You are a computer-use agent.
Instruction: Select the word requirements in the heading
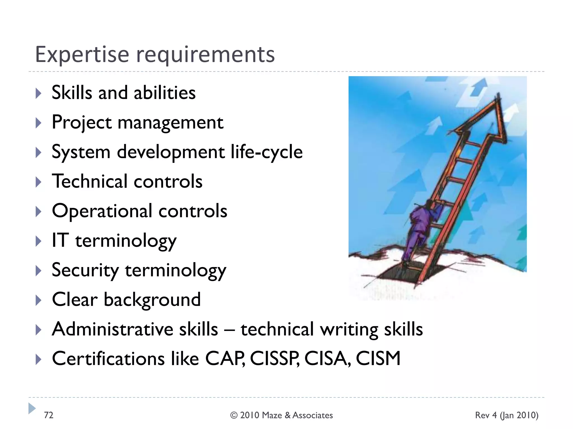(x=205, y=55)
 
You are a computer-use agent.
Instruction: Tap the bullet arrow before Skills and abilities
(x=39, y=93)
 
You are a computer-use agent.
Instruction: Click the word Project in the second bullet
(x=82, y=123)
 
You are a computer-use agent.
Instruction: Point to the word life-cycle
(x=267, y=152)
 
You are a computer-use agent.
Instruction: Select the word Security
(x=85, y=270)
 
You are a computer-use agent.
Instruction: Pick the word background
(x=152, y=300)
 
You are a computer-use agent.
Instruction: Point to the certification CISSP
(x=274, y=359)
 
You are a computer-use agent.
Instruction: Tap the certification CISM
(x=378, y=359)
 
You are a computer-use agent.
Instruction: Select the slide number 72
(x=48, y=415)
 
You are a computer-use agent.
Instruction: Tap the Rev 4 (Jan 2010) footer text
(x=506, y=416)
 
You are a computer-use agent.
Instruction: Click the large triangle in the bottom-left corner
(x=32, y=408)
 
